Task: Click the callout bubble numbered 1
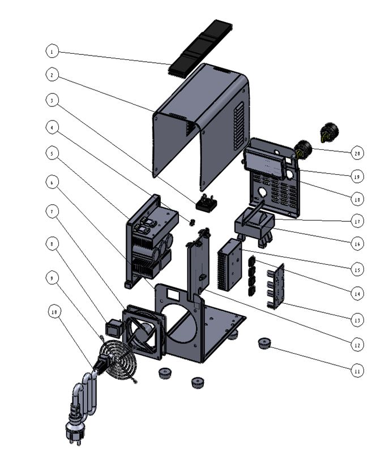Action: pyautogui.click(x=52, y=51)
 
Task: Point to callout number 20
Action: pyautogui.click(x=356, y=153)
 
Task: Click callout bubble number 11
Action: pyautogui.click(x=356, y=371)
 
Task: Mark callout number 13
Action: pyautogui.click(x=356, y=320)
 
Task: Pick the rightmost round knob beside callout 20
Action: pyautogui.click(x=328, y=132)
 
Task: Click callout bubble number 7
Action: pyautogui.click(x=52, y=212)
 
